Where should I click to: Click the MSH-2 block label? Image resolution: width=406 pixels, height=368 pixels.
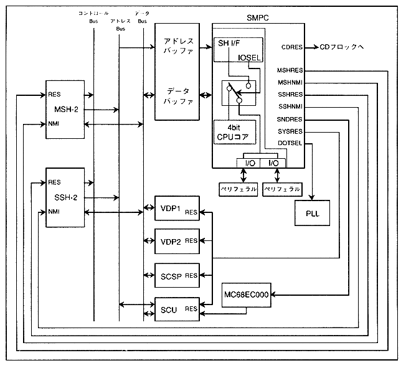coord(65,110)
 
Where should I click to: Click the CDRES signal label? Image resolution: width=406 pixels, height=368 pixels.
coord(291,47)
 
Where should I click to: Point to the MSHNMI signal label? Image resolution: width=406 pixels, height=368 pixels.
coord(290,82)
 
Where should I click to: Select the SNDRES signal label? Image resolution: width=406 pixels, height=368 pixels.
coord(290,119)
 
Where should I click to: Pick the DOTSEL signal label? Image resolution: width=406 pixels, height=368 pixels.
coord(290,143)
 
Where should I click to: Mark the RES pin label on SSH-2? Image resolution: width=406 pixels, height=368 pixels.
coord(54,182)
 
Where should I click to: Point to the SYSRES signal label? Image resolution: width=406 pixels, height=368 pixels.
coord(290,131)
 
